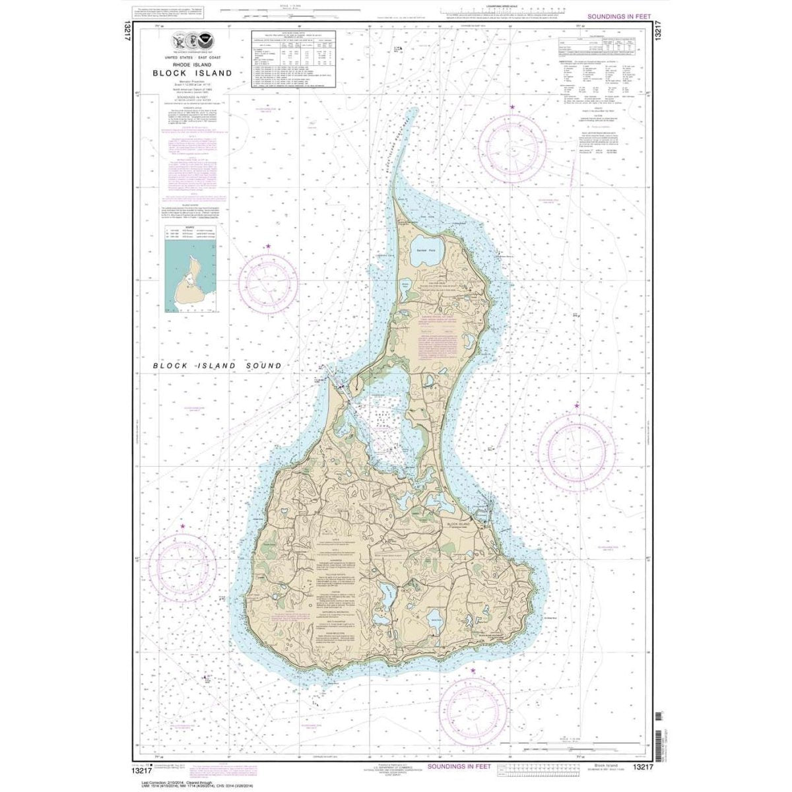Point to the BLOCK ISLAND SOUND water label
(x=217, y=365)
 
